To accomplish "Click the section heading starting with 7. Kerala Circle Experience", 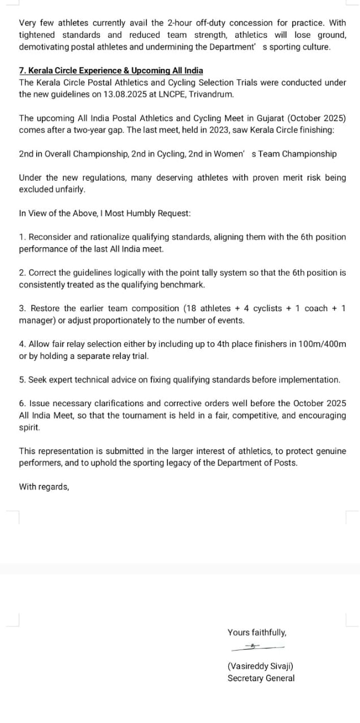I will [x=111, y=71].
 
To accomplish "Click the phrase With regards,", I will [x=44, y=486].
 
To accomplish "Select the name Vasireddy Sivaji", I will [x=260, y=667].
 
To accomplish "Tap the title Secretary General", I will [x=261, y=678].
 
